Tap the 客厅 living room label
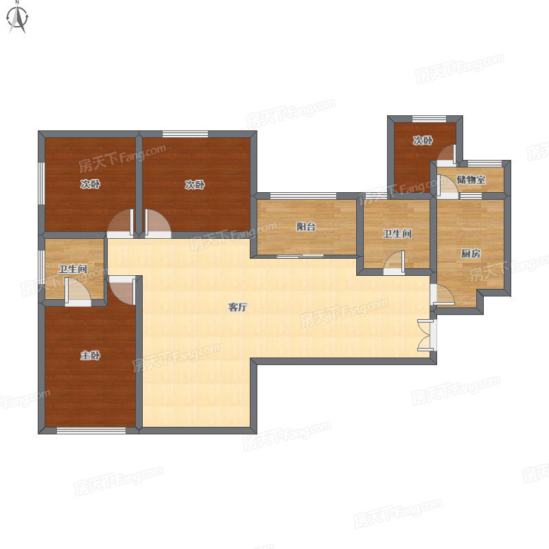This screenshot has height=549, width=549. (237, 307)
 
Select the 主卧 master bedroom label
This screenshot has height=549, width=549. (91, 355)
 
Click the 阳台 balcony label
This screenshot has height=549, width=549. (306, 227)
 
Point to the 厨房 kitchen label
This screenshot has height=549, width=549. (471, 253)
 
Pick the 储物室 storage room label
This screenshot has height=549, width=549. (471, 180)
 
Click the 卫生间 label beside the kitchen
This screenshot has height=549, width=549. (397, 234)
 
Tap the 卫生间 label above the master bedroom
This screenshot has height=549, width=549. (73, 269)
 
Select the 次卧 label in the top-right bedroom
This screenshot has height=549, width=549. (423, 141)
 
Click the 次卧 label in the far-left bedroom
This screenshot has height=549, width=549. (91, 184)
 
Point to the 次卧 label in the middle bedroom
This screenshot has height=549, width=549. (195, 185)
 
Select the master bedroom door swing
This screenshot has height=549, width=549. (122, 290)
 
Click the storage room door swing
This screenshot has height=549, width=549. (447, 185)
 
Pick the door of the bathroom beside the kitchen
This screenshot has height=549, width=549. (395, 261)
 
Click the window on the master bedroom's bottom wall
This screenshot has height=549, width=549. (91, 431)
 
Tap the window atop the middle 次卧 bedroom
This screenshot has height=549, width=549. (185, 134)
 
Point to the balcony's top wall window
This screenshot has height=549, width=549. (303, 196)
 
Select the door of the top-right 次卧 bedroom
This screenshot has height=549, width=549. (447, 154)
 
